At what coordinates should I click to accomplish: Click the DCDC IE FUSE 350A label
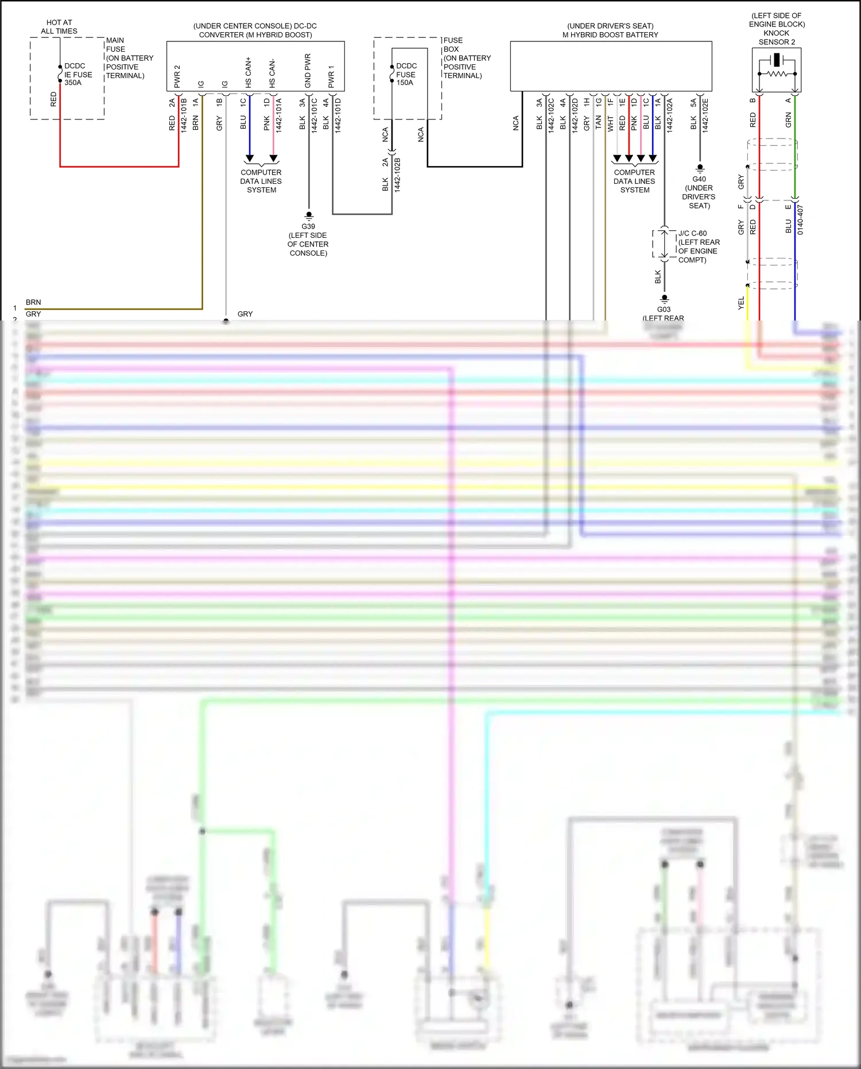click(x=77, y=74)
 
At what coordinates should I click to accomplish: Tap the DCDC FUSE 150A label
click(x=406, y=74)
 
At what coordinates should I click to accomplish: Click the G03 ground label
click(x=664, y=310)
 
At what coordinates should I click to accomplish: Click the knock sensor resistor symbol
click(x=777, y=74)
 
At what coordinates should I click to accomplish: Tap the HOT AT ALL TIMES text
click(x=59, y=26)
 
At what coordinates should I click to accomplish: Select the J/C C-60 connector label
click(x=699, y=246)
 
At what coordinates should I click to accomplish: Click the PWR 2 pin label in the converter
click(x=177, y=76)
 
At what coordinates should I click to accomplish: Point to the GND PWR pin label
click(x=308, y=71)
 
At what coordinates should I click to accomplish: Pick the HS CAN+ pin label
click(x=249, y=72)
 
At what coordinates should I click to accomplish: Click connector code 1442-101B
click(x=184, y=115)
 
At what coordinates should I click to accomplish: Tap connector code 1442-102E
click(x=705, y=115)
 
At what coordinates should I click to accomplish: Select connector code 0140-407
click(x=800, y=220)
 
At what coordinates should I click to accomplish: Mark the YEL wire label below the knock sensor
click(x=741, y=303)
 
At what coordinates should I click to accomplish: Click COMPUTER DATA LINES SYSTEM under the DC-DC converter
click(x=261, y=181)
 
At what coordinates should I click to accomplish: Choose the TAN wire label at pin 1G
click(x=598, y=122)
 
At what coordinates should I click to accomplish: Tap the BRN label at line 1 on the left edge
click(x=33, y=302)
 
